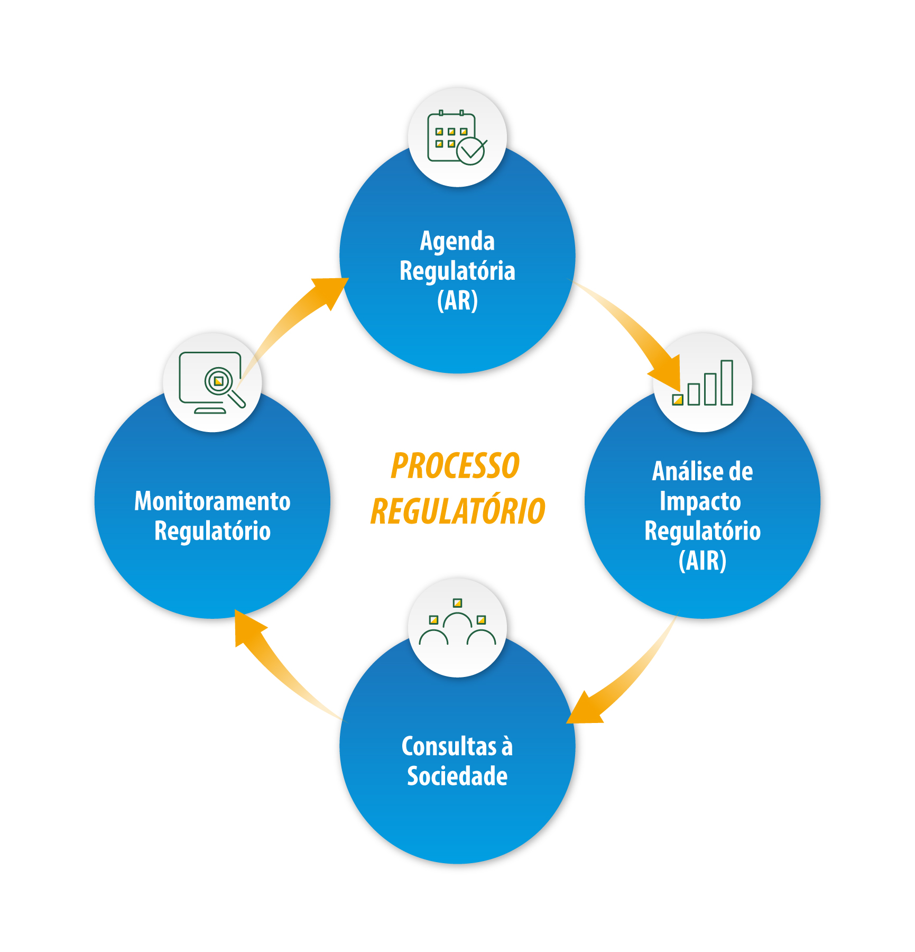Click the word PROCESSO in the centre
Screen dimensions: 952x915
(x=455, y=466)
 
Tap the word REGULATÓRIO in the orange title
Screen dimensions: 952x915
(x=458, y=511)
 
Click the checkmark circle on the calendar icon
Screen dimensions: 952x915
(x=470, y=151)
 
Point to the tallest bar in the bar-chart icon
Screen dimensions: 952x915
(x=727, y=382)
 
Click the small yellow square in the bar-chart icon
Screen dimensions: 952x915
(x=678, y=400)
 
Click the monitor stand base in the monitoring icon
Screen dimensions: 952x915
(x=210, y=410)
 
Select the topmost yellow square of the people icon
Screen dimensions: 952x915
(x=458, y=602)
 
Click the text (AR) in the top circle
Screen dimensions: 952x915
(x=457, y=300)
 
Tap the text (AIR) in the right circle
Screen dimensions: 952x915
(x=702, y=561)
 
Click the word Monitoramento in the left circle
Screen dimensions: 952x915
(x=212, y=501)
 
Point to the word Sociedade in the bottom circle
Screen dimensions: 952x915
(x=457, y=776)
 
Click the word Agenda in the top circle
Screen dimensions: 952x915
(x=457, y=241)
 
